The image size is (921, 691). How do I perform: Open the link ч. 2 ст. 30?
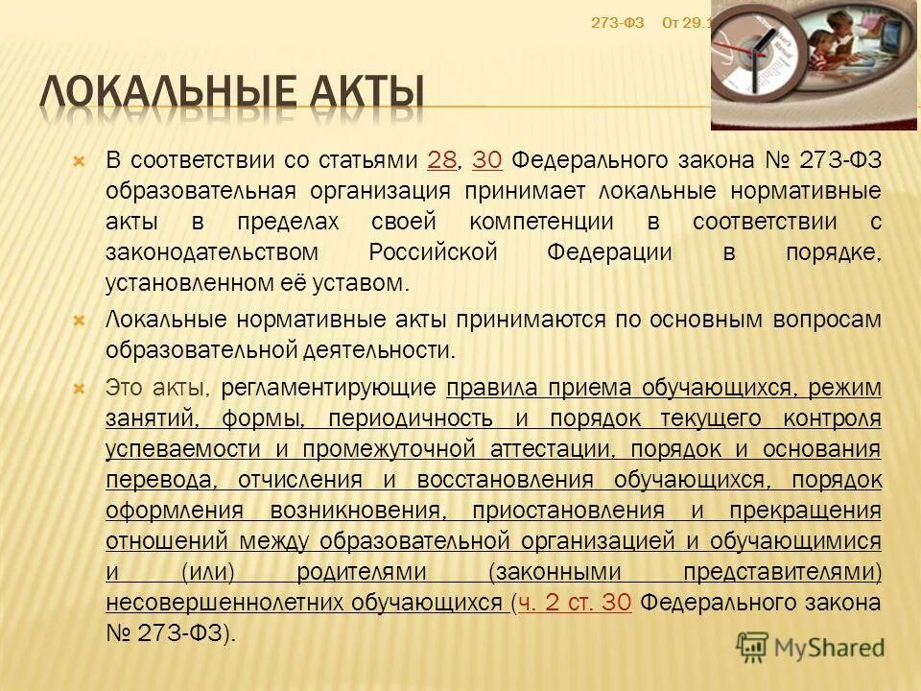pyautogui.click(x=574, y=604)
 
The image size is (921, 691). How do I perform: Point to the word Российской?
pyautogui.click(x=433, y=252)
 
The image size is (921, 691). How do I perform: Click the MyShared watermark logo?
pyautogui.click(x=810, y=646)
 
